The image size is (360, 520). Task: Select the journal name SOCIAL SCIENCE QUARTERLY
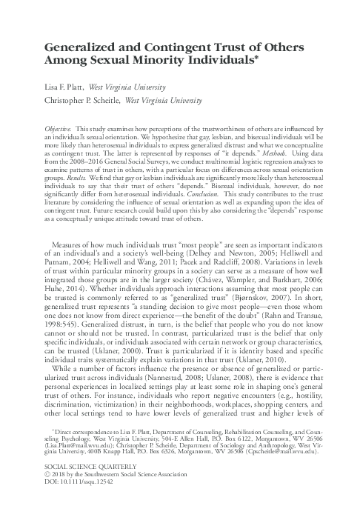pyautogui.click(x=81, y=501)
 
